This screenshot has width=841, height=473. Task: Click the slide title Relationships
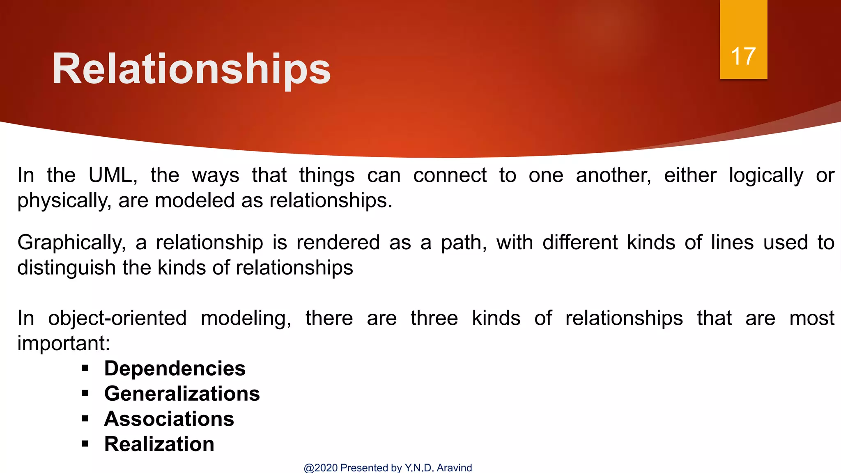[x=191, y=69]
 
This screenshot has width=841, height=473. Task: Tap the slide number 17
[x=743, y=56]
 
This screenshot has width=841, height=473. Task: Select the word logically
[x=766, y=176]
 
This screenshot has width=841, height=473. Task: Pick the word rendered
[x=338, y=243]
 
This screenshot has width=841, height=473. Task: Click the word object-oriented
[x=117, y=318]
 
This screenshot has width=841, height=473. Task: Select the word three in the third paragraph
[x=434, y=318]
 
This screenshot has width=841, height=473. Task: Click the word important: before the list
[x=64, y=343]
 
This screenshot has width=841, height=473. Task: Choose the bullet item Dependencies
[x=175, y=368]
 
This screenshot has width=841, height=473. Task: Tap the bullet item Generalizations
[x=182, y=394]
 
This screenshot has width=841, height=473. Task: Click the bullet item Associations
[x=169, y=419]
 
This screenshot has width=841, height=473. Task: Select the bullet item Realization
[x=159, y=444]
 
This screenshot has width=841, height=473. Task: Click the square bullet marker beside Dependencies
[x=85, y=368]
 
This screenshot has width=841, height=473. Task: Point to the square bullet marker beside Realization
[x=85, y=444]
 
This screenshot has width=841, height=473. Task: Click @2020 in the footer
[x=321, y=468]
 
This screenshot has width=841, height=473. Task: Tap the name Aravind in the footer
[x=454, y=468]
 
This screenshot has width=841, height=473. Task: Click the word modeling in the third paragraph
[x=246, y=318]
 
